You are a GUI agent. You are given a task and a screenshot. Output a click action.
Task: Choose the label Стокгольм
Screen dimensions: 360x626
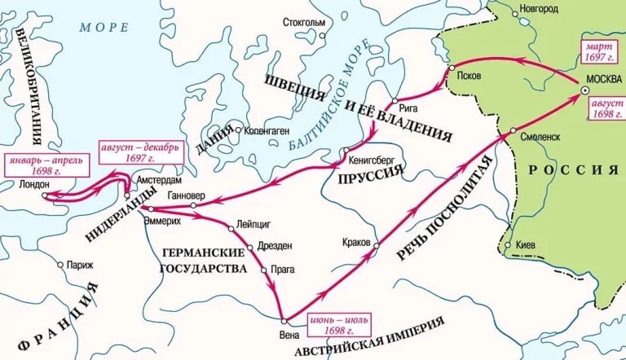pos(304,21)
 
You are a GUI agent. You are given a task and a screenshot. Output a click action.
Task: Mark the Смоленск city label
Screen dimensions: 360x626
pos(540,137)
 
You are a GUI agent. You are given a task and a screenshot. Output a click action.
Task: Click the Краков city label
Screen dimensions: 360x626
pos(356,242)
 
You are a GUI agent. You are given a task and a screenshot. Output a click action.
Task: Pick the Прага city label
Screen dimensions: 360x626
pos(283,269)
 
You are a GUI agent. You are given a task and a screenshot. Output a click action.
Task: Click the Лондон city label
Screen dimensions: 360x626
pos(33,185)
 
